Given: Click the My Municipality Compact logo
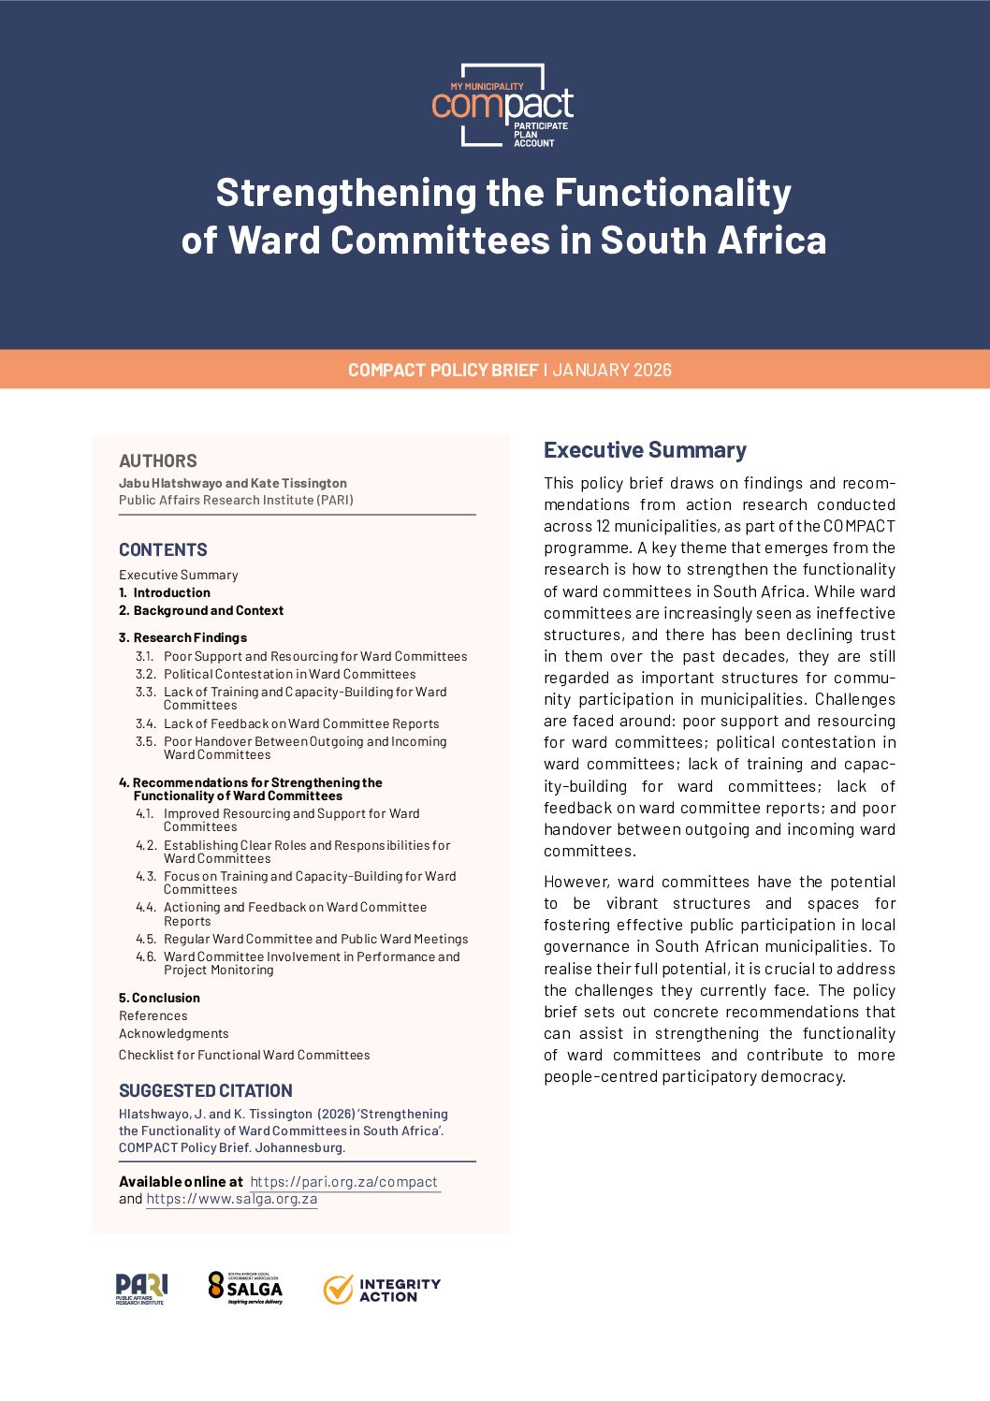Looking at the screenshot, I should coord(502,105).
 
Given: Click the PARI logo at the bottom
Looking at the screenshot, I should coord(141,1289).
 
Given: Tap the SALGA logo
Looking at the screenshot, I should coord(245,1288).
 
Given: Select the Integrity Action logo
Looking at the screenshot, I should coord(382,1290).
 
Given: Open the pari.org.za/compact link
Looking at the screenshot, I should coord(344,1182).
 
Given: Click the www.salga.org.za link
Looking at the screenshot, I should coord(232,1199).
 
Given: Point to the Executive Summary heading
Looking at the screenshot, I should coord(645,450).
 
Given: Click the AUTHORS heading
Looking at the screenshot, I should coord(158,460).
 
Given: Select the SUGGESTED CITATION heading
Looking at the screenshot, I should coord(206,1090).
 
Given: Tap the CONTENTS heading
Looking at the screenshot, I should coord(163,549).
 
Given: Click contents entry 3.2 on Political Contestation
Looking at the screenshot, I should coord(289,674).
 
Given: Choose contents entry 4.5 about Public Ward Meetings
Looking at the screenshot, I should coord(315,939).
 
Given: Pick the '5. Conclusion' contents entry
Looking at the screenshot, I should coord(159,998).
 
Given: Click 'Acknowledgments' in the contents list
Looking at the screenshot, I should coord(173,1033).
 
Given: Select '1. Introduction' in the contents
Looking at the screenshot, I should coord(165,592).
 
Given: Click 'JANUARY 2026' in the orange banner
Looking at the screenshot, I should coord(612,370).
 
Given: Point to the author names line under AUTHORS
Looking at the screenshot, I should coord(233,483).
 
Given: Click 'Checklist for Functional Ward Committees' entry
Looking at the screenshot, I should coord(244,1055).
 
